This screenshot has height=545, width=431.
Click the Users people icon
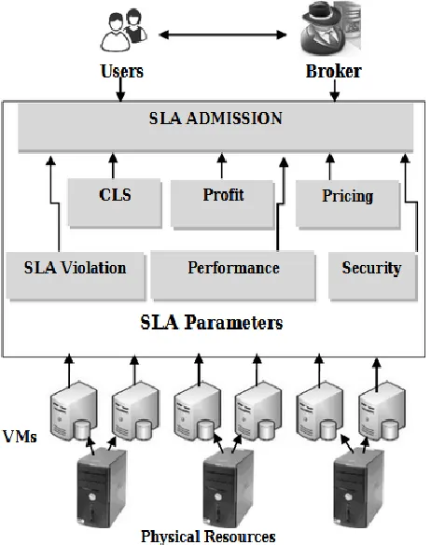pos(124,31)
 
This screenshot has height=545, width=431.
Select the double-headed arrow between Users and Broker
pos(223,35)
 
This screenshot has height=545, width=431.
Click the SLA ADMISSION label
pos(215,119)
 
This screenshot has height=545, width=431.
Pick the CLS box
pos(115,203)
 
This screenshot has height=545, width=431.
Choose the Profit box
pos(222,203)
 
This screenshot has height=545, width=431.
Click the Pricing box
pos(348,204)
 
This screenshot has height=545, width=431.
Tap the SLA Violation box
pos(76,275)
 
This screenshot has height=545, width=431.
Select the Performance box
pos(233,275)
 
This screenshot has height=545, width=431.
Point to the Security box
pos(373,276)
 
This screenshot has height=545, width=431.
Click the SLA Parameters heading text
pos(212,322)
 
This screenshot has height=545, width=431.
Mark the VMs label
pos(20,436)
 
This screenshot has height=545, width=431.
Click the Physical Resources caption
pos(208,537)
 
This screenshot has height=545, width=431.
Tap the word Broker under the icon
pos(334,71)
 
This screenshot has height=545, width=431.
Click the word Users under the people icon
pos(121,71)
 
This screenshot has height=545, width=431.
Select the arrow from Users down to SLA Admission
pos(120,89)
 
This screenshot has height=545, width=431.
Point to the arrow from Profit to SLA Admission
pos(222,166)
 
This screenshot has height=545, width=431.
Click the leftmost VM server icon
pos(74,412)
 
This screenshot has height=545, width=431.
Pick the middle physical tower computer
pos(228,487)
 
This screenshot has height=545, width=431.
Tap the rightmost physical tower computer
pos(359,487)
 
